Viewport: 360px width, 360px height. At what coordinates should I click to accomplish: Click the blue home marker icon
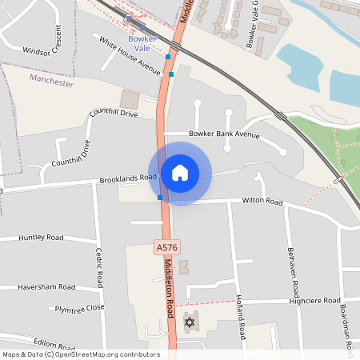(x=179, y=173)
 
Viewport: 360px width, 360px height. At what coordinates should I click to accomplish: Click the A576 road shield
(x=165, y=250)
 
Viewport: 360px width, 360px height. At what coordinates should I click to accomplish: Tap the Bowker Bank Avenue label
(x=225, y=134)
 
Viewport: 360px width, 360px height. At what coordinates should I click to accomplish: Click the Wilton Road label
(x=263, y=202)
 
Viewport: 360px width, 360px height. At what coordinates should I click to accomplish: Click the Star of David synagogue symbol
(x=190, y=323)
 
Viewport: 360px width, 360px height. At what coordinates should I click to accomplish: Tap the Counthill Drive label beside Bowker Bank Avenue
(x=114, y=114)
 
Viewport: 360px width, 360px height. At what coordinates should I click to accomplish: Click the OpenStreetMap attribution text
(x=80, y=354)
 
